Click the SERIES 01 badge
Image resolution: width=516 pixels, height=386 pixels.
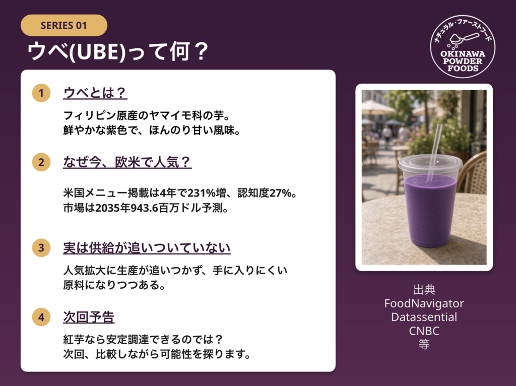[x=64, y=25]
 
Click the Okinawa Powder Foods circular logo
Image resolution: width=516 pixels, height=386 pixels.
[x=463, y=46]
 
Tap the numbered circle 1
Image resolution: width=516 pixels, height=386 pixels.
[x=41, y=93]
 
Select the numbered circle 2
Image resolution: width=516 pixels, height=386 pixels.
[x=41, y=162]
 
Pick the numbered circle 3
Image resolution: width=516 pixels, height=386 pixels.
[x=41, y=248]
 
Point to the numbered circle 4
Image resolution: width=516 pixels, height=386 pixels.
[x=41, y=317]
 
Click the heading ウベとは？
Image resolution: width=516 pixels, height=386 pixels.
[x=95, y=93]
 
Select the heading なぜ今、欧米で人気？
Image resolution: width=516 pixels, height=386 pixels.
[x=127, y=162]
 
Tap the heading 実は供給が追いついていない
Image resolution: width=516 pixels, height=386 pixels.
[x=147, y=248]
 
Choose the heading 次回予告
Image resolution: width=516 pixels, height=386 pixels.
[x=89, y=317]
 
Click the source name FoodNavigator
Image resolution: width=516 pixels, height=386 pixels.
[x=424, y=303]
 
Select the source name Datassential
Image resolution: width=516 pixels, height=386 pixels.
[x=424, y=317]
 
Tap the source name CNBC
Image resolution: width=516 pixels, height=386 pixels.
[x=424, y=331]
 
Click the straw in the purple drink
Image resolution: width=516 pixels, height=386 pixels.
[x=434, y=153]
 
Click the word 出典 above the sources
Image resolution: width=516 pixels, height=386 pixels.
[x=424, y=290]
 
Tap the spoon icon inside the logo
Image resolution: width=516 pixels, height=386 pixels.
[x=464, y=38]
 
